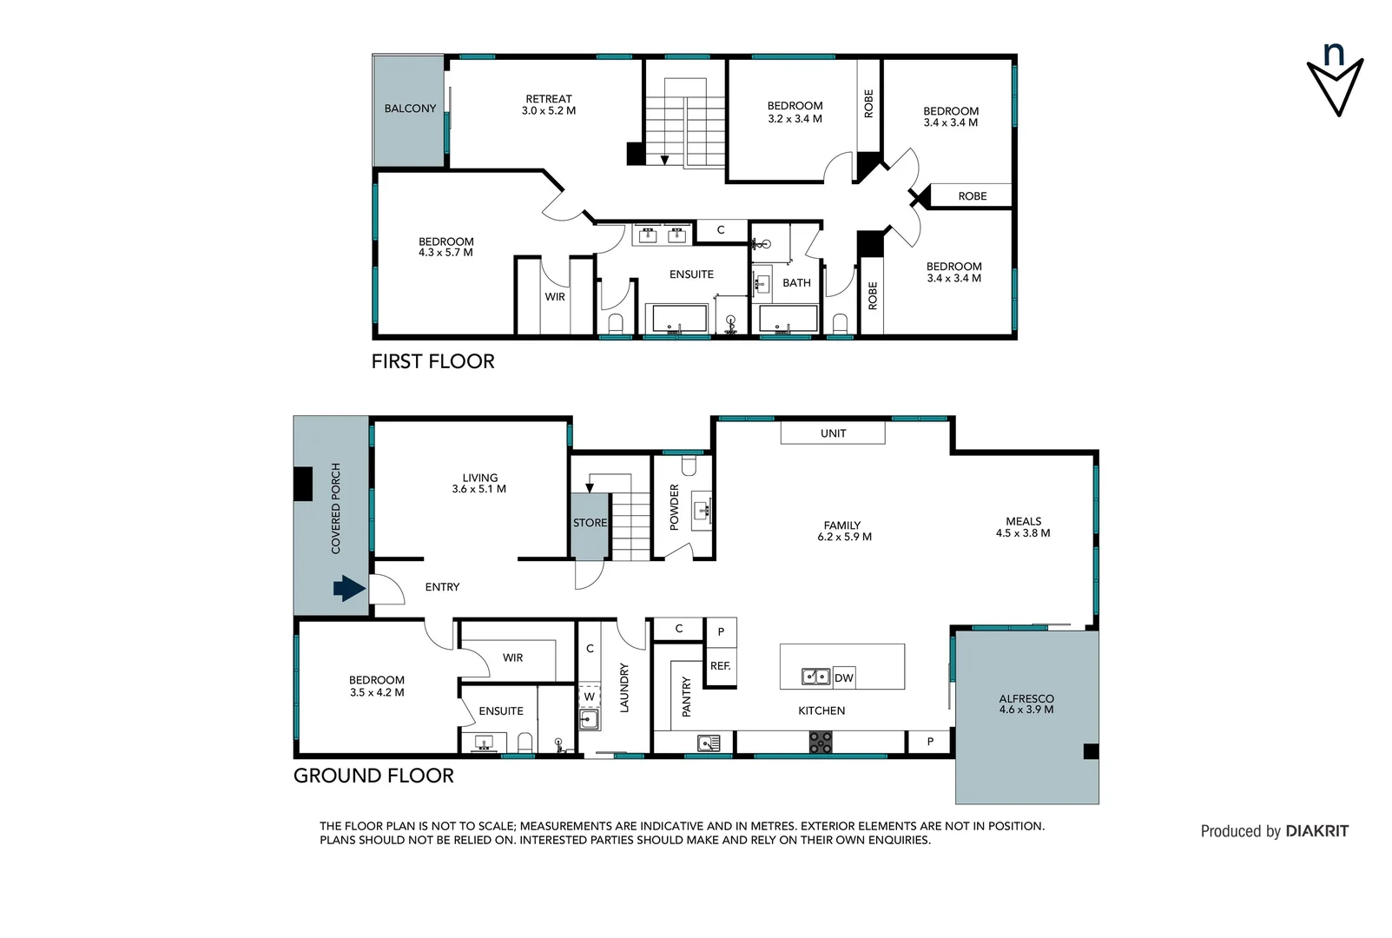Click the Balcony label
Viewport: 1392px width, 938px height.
410,109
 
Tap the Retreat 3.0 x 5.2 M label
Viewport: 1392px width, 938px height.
549,105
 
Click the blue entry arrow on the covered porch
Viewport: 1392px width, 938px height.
349,589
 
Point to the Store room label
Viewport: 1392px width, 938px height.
590,523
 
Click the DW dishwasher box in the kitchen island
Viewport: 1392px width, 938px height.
843,677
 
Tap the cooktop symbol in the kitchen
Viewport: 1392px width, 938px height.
821,742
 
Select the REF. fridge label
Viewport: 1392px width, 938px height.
720,666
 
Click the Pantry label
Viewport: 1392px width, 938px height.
686,697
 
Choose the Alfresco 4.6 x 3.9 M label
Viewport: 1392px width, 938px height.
1026,703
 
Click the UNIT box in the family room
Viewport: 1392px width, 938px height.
833,433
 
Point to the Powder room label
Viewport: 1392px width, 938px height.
675,507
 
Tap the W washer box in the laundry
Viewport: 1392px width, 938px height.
589,697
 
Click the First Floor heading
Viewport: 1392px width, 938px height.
432,361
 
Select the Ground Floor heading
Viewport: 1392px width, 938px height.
373,776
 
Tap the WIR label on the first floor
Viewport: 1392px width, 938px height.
555,297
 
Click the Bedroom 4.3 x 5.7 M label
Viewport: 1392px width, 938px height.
445,248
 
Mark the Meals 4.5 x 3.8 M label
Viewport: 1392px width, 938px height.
1023,527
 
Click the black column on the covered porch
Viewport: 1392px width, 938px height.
302,484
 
